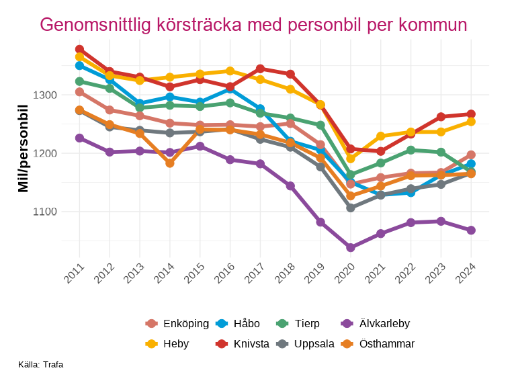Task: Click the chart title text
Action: [x=253, y=25]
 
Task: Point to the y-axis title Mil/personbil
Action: [x=24, y=149]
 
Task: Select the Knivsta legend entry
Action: [x=242, y=344]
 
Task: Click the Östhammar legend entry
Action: [x=378, y=344]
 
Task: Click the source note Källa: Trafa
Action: [x=41, y=365]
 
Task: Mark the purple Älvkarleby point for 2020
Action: [x=351, y=248]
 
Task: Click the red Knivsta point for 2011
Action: [x=79, y=50]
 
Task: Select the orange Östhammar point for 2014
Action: [x=170, y=163]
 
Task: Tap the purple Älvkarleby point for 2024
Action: [x=471, y=230]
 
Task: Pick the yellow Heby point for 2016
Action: [x=230, y=71]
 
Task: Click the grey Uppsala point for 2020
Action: [x=351, y=208]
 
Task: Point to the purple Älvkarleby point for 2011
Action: [x=79, y=138]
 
